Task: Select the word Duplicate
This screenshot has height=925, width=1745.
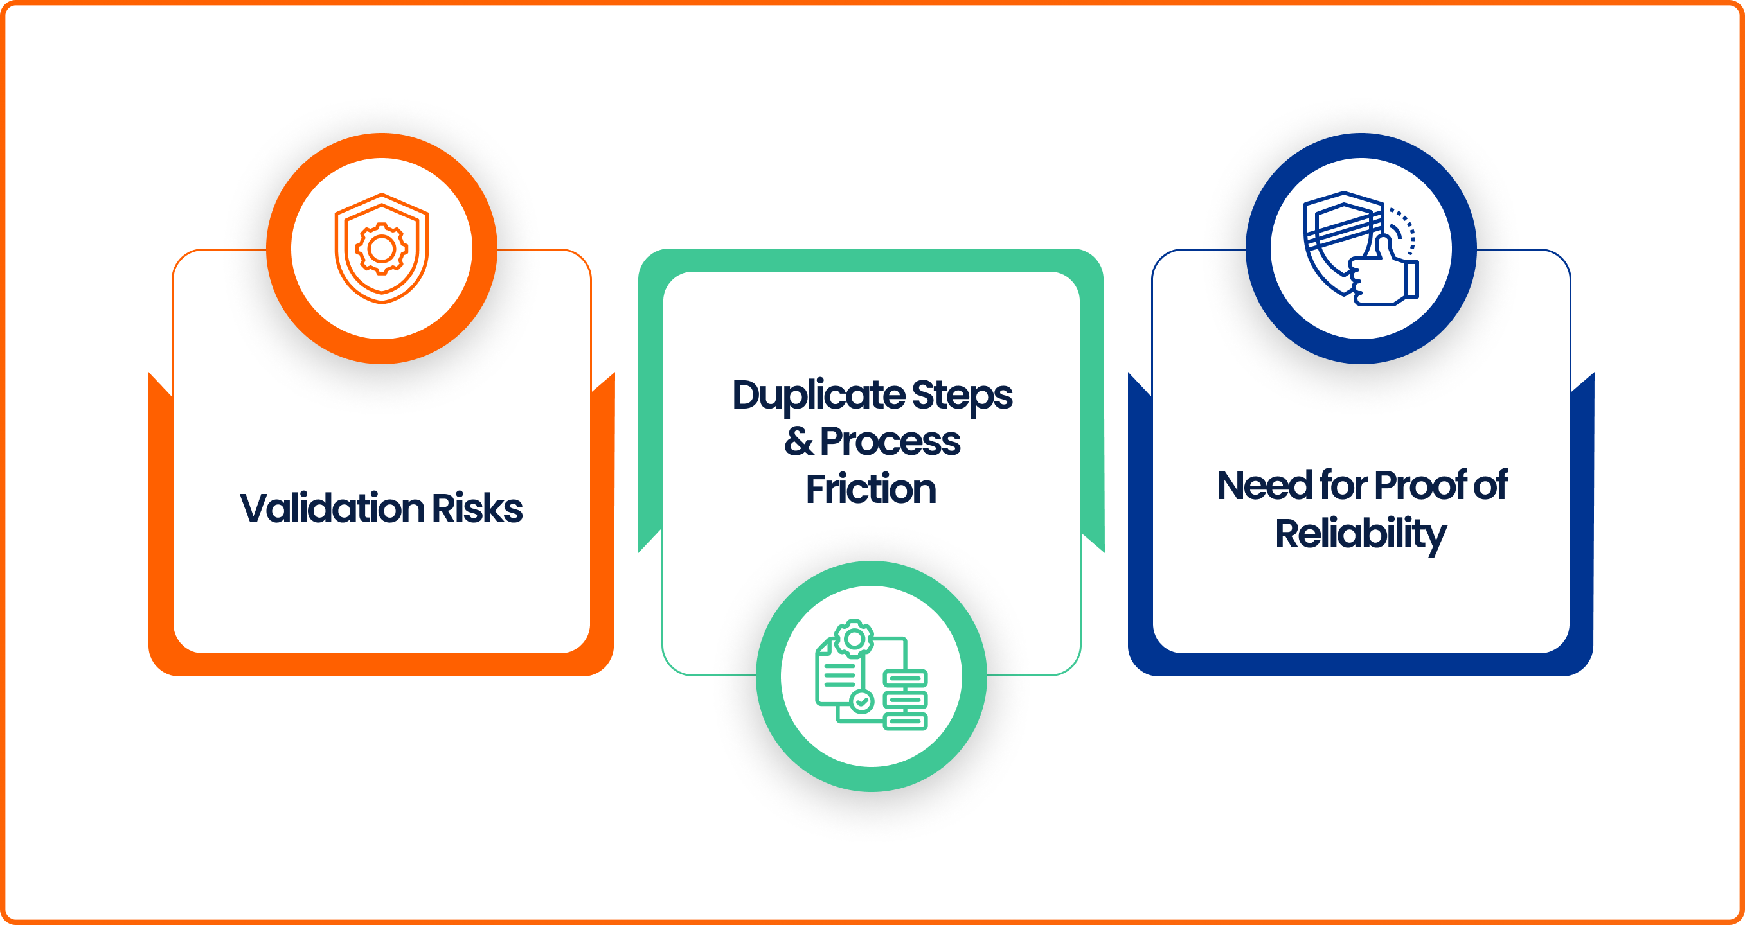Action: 818,396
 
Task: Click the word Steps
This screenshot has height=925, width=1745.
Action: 962,396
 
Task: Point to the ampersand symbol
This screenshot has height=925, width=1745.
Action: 799,441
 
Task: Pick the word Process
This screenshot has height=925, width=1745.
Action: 890,441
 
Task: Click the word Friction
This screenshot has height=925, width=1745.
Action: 871,489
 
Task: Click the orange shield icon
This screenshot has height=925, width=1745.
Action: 381,248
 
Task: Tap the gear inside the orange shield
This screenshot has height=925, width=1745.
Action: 381,249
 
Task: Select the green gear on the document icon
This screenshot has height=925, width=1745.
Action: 854,638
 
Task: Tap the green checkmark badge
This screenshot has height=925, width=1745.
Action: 862,701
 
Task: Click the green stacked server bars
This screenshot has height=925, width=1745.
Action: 906,699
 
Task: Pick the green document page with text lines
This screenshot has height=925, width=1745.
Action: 837,674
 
